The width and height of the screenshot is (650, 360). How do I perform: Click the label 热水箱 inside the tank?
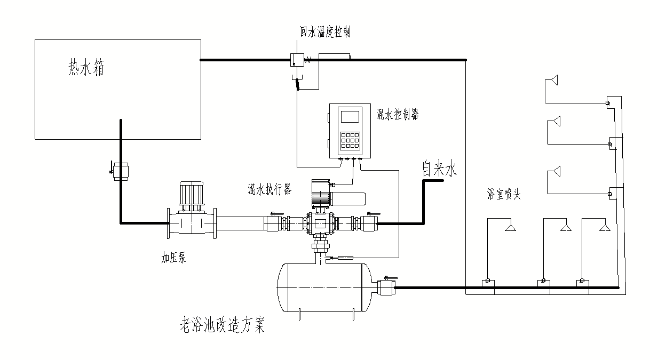(86, 68)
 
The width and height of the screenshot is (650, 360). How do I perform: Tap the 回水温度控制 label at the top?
(325, 32)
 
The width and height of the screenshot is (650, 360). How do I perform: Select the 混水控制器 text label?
(398, 114)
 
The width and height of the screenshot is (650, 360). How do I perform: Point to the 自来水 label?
(440, 170)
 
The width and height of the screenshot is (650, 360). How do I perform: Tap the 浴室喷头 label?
(503, 195)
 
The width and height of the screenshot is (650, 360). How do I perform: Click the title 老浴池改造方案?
(223, 325)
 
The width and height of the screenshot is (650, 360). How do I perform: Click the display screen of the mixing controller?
(350, 116)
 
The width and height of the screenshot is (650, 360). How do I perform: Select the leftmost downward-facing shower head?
(510, 228)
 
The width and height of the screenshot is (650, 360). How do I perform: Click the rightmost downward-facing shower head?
(605, 228)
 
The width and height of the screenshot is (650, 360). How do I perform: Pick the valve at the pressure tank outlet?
(386, 287)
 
